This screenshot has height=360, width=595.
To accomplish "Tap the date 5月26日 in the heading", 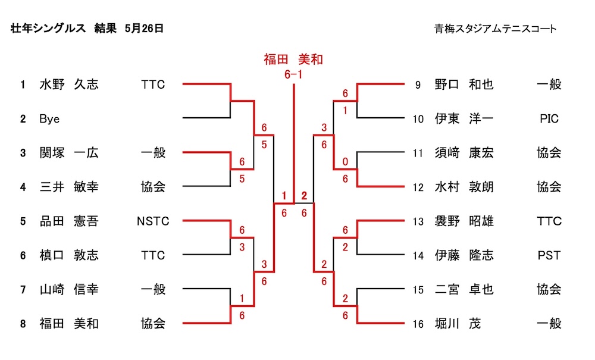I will pyautogui.click(x=145, y=28).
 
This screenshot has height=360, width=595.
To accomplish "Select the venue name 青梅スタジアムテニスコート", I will pyautogui.click(x=496, y=29).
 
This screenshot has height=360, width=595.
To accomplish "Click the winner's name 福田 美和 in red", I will pyautogui.click(x=293, y=59).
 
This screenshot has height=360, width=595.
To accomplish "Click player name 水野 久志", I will pyautogui.click(x=68, y=84).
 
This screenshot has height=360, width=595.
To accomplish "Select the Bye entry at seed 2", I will pyautogui.click(x=49, y=119).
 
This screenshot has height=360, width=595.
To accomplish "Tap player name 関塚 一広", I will pyautogui.click(x=68, y=153).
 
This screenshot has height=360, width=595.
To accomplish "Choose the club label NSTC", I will pyautogui.click(x=153, y=221).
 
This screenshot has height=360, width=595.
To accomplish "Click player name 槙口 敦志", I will pyautogui.click(x=68, y=255).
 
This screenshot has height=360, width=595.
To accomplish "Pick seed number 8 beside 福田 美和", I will pyautogui.click(x=23, y=324).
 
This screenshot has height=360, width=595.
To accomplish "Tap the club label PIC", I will pyautogui.click(x=549, y=119).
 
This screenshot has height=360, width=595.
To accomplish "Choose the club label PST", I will pyautogui.click(x=549, y=255).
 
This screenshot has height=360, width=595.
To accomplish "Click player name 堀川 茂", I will pyautogui.click(x=457, y=324).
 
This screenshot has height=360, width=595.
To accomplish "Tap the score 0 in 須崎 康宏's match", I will pyautogui.click(x=345, y=162).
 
